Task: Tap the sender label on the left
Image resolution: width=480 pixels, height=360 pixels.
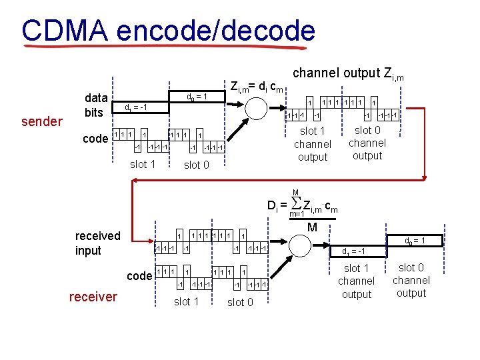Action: coord(41,121)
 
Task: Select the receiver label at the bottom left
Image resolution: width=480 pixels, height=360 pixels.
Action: coord(93,297)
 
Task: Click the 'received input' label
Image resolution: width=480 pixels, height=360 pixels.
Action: coord(97,243)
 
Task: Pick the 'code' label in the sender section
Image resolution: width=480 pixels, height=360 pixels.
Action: coord(95,139)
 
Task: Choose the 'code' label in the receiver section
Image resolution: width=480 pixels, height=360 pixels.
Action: coord(139,276)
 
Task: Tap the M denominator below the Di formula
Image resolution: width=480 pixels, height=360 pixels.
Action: coord(313,228)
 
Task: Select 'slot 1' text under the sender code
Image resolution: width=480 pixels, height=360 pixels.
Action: coord(142,165)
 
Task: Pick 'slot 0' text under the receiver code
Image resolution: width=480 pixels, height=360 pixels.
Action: coord(240,302)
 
